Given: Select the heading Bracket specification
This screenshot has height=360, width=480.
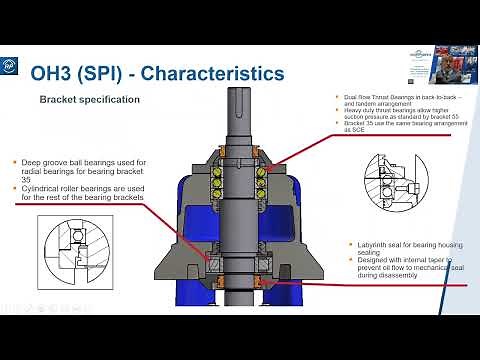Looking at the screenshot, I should pos(89,100).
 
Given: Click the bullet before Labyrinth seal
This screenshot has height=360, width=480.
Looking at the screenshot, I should pos(352,245).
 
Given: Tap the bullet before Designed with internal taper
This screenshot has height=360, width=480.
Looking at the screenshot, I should pos(352,261).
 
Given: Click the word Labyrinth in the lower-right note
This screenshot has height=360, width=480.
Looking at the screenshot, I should pos(374,245).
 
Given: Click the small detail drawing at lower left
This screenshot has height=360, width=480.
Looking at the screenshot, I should pos(62,247).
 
